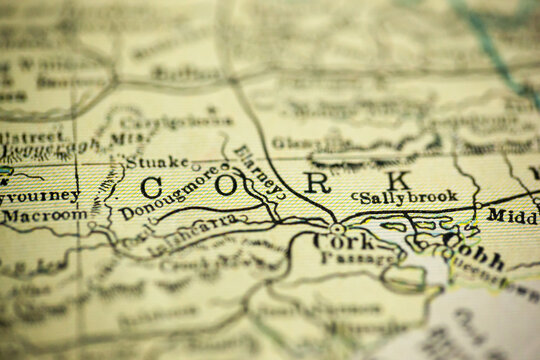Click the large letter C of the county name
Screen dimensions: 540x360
[151, 186]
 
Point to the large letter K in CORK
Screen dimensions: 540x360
[399, 180]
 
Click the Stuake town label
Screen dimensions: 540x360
[155, 161]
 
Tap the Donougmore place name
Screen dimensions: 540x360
[167, 193]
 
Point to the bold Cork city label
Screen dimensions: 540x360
[334, 241]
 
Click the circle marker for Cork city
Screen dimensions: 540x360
[338, 228]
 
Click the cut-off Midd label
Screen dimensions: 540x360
[512, 214]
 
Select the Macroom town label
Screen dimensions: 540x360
[44, 215]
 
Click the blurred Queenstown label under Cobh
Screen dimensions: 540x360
[490, 270]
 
